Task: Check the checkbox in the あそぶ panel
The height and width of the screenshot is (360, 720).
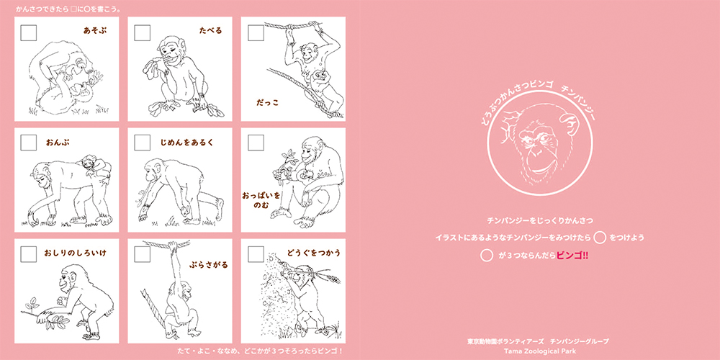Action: point(29,33)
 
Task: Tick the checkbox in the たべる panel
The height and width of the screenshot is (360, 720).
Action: point(142,33)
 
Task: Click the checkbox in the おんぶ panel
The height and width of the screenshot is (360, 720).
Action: point(29,143)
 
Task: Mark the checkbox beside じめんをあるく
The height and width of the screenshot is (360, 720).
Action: point(142,143)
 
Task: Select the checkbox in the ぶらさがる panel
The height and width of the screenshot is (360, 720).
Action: point(142,254)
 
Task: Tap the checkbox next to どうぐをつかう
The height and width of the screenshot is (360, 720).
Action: point(256,254)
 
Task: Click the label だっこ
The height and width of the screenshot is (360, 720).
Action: point(267,102)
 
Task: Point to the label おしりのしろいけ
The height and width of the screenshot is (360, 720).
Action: point(76,253)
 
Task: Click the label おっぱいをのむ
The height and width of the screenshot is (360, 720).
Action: point(261,200)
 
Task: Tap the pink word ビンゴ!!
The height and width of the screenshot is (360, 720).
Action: point(572,256)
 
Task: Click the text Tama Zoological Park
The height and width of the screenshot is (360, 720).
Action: point(538,351)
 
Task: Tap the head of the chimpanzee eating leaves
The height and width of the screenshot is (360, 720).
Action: point(168,48)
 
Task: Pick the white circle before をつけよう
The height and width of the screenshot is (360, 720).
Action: point(600,238)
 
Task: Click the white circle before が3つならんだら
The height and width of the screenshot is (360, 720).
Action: point(486,256)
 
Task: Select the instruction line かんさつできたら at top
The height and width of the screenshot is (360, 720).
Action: point(68,9)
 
